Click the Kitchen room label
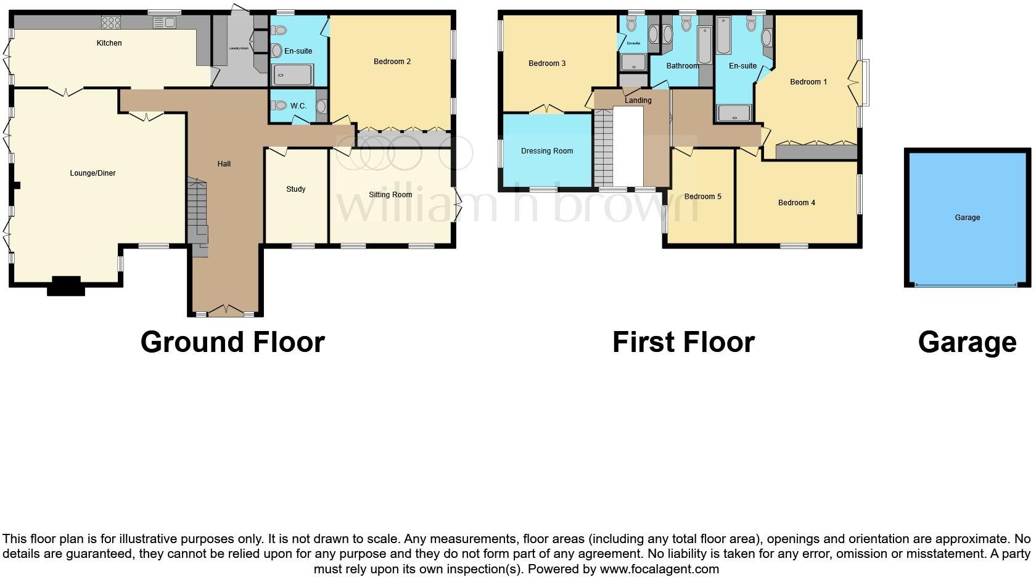tap(109, 43)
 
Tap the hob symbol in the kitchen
tap(111, 23)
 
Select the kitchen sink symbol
tap(165, 23)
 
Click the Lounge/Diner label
tap(92, 173)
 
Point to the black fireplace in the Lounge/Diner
tap(65, 286)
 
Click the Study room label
tap(295, 189)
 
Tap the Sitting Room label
tap(390, 195)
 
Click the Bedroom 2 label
tap(392, 62)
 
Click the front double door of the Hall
tap(225, 310)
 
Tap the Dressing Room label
tap(547, 151)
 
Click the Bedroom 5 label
tap(702, 197)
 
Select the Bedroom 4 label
tap(796, 203)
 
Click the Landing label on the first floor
tap(638, 100)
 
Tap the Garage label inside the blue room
tap(967, 218)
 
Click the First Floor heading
tap(683, 342)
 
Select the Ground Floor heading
tap(232, 342)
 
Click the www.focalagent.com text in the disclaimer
tap(659, 569)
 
